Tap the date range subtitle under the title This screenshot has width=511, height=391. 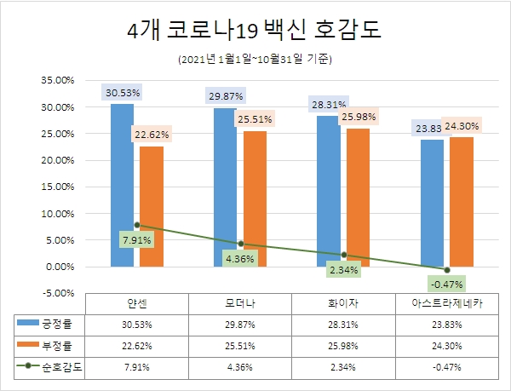(255, 60)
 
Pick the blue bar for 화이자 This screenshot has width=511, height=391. (328, 191)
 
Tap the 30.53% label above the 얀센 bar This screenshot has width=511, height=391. (123, 92)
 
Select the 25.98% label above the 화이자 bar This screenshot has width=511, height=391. (358, 116)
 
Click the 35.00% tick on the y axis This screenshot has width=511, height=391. (58, 81)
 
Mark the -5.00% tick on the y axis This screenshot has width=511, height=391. (58, 293)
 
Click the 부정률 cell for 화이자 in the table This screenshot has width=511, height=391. (342, 346)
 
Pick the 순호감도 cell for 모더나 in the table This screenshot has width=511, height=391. (239, 367)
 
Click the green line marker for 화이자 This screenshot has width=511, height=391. (343, 255)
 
